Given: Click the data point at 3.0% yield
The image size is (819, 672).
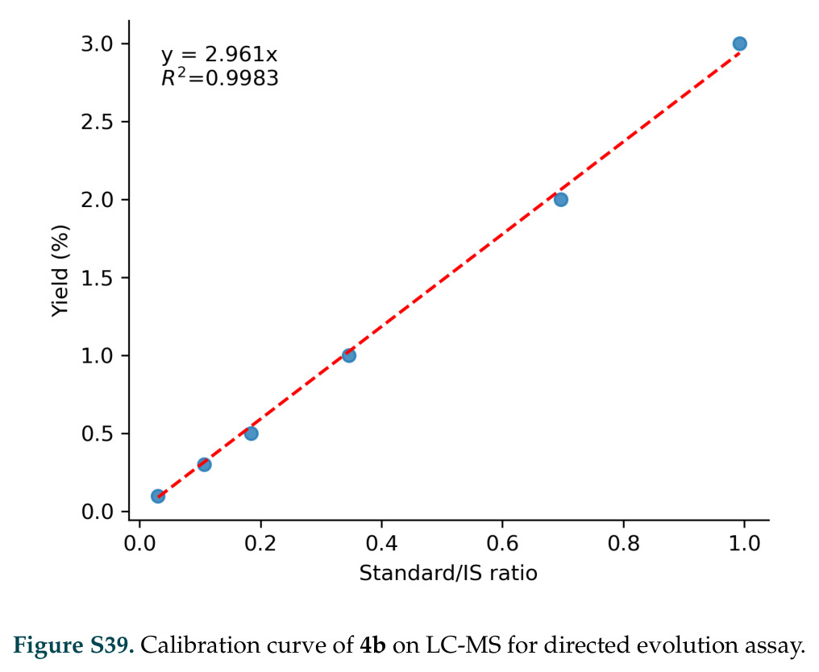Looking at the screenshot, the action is pyautogui.click(x=739, y=44).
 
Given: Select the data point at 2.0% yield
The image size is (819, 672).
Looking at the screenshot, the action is pyautogui.click(x=560, y=200).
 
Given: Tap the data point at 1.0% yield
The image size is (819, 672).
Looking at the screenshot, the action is pyautogui.click(x=349, y=355).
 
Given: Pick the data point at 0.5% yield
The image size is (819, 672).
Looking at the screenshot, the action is pyautogui.click(x=252, y=433).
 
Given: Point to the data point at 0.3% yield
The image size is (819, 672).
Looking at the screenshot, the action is pyautogui.click(x=204, y=464).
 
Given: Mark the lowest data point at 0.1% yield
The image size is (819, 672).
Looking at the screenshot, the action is pyautogui.click(x=158, y=496).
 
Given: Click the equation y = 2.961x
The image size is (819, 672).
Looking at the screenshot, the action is pyautogui.click(x=218, y=55).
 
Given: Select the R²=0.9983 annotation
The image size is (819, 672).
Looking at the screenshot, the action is pyautogui.click(x=219, y=78).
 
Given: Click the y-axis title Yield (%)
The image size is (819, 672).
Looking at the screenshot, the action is pyautogui.click(x=60, y=271).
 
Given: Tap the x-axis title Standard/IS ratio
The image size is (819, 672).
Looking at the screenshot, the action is pyautogui.click(x=448, y=573).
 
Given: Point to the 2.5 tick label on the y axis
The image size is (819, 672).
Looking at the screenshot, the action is pyautogui.click(x=98, y=122).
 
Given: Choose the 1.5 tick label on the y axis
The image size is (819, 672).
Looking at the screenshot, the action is pyautogui.click(x=98, y=278).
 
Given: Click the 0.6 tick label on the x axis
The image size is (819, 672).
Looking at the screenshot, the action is pyautogui.click(x=502, y=544).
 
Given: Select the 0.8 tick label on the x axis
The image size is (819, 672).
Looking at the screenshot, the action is pyautogui.click(x=623, y=544).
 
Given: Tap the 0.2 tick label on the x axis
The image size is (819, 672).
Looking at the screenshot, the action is pyautogui.click(x=260, y=544).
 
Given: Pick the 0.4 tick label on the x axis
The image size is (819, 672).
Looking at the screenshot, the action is pyautogui.click(x=381, y=544).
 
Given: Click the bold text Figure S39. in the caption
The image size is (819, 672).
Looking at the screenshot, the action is pyautogui.click(x=73, y=646).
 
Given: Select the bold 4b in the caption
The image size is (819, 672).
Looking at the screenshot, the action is pyautogui.click(x=373, y=646).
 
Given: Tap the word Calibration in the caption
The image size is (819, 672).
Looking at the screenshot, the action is pyautogui.click(x=202, y=646).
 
